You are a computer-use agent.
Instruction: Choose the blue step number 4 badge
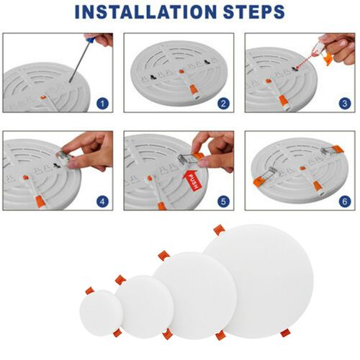(x=102, y=202)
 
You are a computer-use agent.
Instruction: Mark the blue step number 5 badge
(x=223, y=202)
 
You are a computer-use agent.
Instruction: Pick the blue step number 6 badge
(x=343, y=202)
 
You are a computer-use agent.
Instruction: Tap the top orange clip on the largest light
(x=218, y=230)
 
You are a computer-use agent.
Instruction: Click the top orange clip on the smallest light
(x=89, y=290)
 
